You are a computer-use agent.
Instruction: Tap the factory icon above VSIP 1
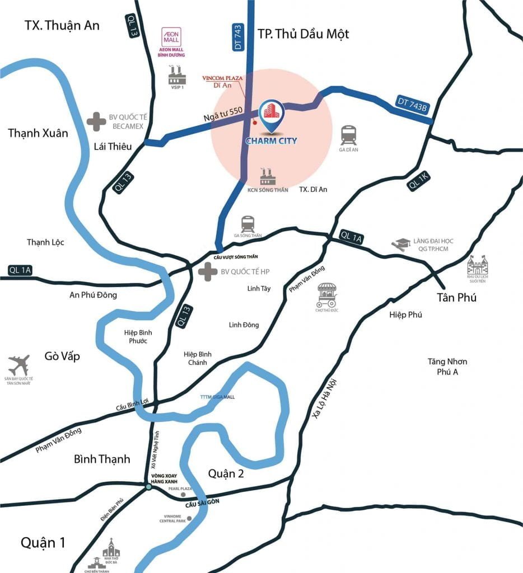pos(176,74)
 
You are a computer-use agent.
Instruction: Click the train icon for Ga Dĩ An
pos(348,135)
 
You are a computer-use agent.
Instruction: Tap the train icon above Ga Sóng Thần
pos(248,224)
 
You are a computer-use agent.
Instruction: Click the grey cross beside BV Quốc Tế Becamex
pos(96,121)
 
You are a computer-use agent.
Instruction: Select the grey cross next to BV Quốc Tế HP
pos(208,272)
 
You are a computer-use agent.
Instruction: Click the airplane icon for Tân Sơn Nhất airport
pos(20,365)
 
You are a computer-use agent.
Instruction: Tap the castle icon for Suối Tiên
pos(477,265)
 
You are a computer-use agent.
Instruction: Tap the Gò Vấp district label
pos(62,356)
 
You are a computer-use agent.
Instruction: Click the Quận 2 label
pos(226,473)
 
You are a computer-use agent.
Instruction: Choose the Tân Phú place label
pos(457,297)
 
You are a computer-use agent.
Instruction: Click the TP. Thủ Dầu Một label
pos(303,34)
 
